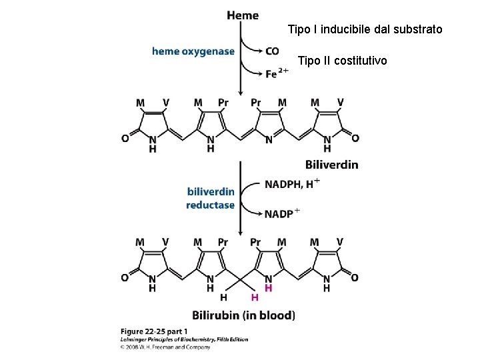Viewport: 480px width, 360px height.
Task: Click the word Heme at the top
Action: [x=243, y=15]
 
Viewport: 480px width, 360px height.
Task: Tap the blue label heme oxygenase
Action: [x=193, y=51]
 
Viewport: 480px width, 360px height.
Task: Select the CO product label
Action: [x=272, y=51]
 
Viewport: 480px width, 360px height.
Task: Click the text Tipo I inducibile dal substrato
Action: [x=364, y=30]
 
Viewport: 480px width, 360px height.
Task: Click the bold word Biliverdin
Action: [x=331, y=164]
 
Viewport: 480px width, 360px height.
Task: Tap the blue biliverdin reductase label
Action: [x=211, y=198]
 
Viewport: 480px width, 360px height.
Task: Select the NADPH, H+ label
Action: [x=293, y=183]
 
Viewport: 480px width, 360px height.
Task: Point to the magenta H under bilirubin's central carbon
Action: [x=254, y=297]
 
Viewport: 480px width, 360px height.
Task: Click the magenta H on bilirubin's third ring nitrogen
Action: [x=269, y=288]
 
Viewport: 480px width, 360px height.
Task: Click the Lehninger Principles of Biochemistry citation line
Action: [x=185, y=339]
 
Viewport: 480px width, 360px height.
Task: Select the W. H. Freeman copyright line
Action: [x=166, y=347]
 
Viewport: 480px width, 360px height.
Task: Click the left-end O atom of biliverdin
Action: [x=125, y=139]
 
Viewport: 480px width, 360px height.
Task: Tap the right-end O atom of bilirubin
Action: [x=355, y=277]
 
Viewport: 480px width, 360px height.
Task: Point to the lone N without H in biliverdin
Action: [x=269, y=139]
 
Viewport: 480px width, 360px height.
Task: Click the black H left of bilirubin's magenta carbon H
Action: [x=224, y=297]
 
